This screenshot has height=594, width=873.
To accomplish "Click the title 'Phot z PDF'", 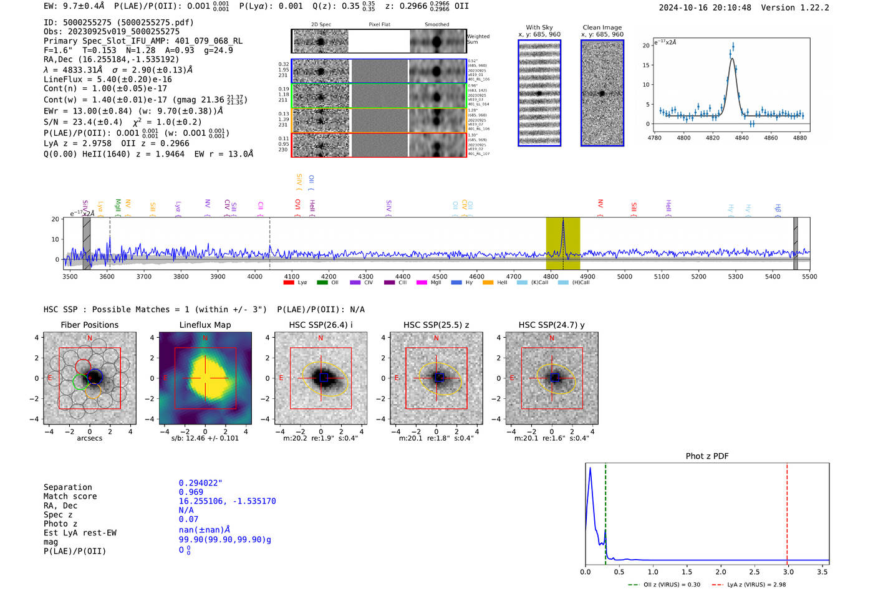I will [707, 456].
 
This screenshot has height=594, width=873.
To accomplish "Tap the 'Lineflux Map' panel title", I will [205, 325].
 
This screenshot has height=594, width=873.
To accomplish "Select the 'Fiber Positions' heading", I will [89, 325].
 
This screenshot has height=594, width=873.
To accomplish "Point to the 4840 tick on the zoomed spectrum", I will [741, 138].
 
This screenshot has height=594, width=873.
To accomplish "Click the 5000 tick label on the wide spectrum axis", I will [624, 276].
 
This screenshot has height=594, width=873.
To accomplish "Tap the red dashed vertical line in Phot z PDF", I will [787, 511].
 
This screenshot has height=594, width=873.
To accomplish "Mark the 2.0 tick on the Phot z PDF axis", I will [720, 572].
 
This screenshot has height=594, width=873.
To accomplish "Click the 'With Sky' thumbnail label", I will [539, 27].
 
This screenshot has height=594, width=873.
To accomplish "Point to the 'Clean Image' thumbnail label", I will [602, 27].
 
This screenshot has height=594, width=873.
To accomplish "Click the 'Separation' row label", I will [67, 487].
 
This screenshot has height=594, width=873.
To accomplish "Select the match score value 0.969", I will [191, 492].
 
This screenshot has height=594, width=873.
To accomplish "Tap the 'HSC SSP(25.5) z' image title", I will [436, 325].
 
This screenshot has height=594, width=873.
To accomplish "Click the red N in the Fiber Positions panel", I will [90, 338].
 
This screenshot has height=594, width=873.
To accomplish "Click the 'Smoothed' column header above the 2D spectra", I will [436, 25].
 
